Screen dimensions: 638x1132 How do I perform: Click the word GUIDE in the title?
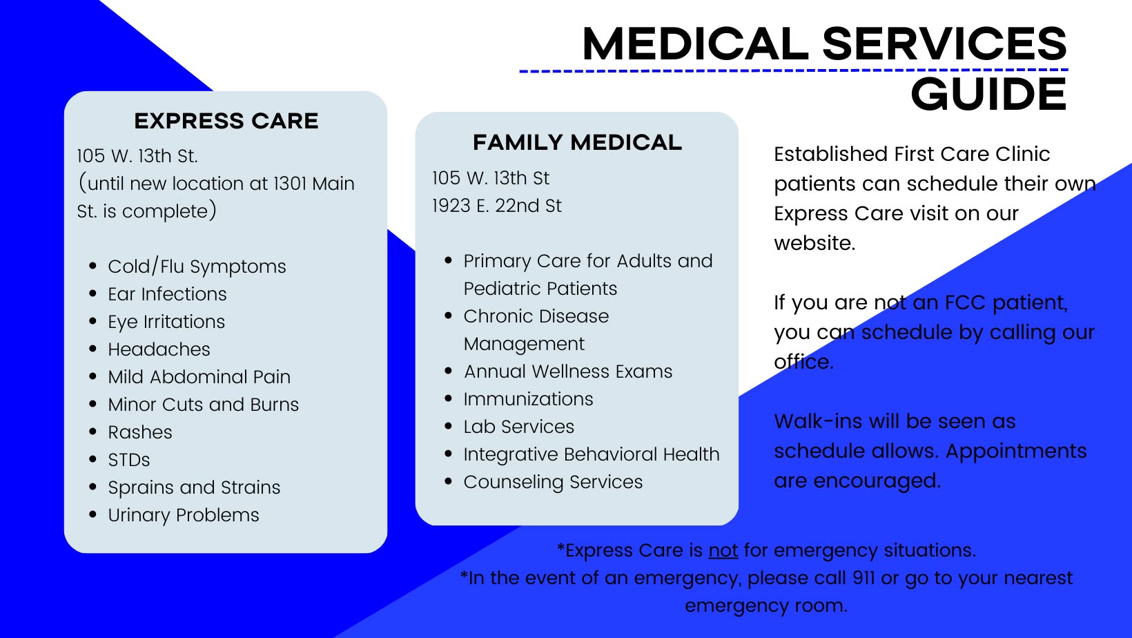point(988,95)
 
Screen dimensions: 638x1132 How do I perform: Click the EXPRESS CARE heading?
point(226,121)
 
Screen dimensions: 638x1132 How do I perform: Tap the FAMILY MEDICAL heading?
point(577,142)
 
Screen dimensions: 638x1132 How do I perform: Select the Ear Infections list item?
point(167,294)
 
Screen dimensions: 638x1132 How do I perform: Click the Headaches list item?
point(159,349)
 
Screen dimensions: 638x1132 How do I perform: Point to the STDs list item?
point(129,460)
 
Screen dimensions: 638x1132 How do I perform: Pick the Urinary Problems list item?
point(184,515)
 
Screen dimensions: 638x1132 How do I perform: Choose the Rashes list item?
point(140,432)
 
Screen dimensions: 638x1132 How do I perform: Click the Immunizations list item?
point(528,399)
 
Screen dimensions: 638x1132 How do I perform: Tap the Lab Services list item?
point(518,427)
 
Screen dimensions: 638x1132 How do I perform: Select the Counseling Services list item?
point(553,482)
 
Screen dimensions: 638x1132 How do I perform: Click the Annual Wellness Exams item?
point(568,371)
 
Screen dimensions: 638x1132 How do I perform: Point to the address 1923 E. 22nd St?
point(497,206)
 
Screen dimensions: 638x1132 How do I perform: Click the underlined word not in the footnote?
point(723,550)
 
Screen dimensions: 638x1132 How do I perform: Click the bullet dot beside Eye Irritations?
point(93,321)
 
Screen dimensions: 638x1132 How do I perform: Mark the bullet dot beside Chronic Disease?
point(449,316)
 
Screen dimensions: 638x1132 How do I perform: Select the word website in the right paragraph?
point(814,243)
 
